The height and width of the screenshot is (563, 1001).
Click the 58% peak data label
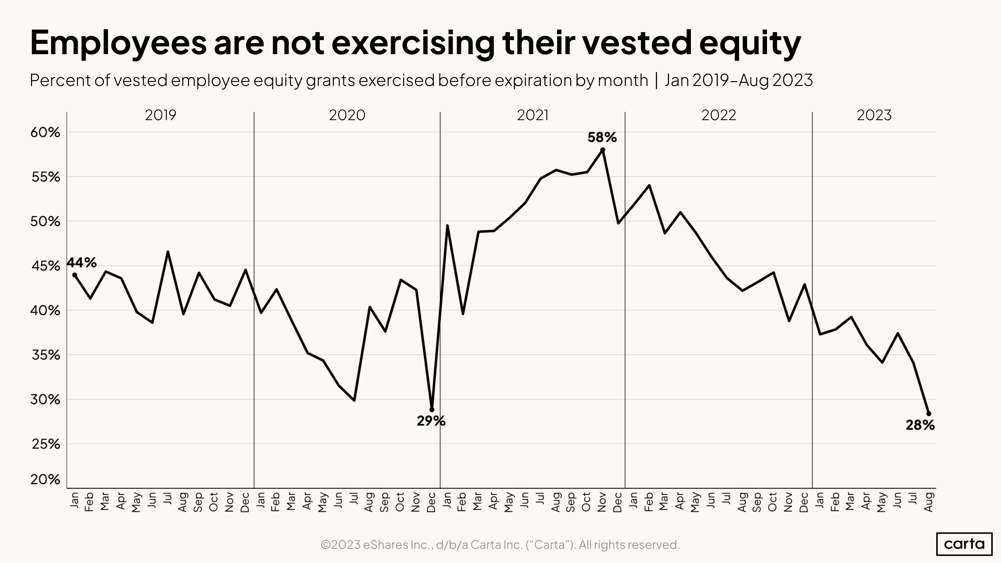pyautogui.click(x=602, y=137)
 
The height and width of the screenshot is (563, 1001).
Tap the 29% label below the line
pyautogui.click(x=431, y=421)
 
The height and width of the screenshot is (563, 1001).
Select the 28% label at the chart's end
pyautogui.click(x=920, y=425)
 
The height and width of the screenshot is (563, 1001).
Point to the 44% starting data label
pyautogui.click(x=82, y=263)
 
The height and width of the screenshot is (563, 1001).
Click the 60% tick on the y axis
pyautogui.click(x=45, y=133)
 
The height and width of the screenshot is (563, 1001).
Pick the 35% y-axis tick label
pyautogui.click(x=45, y=355)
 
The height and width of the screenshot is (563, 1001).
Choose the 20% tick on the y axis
pyautogui.click(x=45, y=479)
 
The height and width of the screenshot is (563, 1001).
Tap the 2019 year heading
pyautogui.click(x=160, y=115)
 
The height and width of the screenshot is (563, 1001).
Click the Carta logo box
pyautogui.click(x=964, y=544)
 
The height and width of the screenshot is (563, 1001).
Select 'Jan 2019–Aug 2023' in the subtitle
pyautogui.click(x=738, y=80)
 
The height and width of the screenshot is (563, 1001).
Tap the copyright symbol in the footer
pyautogui.click(x=326, y=545)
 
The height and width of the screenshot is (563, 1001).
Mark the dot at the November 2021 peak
pyautogui.click(x=602, y=150)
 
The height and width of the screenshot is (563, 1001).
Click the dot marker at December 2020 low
pyautogui.click(x=432, y=410)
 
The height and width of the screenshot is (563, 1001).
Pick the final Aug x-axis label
pyautogui.click(x=929, y=502)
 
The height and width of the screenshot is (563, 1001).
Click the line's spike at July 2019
pyautogui.click(x=168, y=252)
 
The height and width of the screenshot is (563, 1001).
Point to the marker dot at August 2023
pyautogui.click(x=929, y=413)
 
